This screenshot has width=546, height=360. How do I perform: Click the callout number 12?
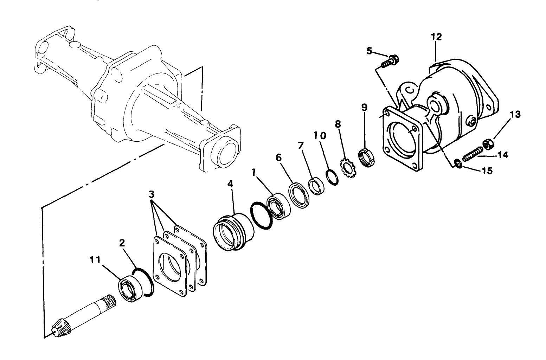click(x=436, y=37)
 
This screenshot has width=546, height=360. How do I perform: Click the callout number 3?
click(x=151, y=194)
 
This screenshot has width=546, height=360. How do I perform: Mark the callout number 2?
click(x=122, y=243)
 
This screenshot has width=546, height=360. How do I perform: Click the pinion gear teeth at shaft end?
click(x=58, y=327)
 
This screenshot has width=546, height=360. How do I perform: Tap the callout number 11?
click(x=95, y=260)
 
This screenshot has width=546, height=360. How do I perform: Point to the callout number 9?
click(x=364, y=107)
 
